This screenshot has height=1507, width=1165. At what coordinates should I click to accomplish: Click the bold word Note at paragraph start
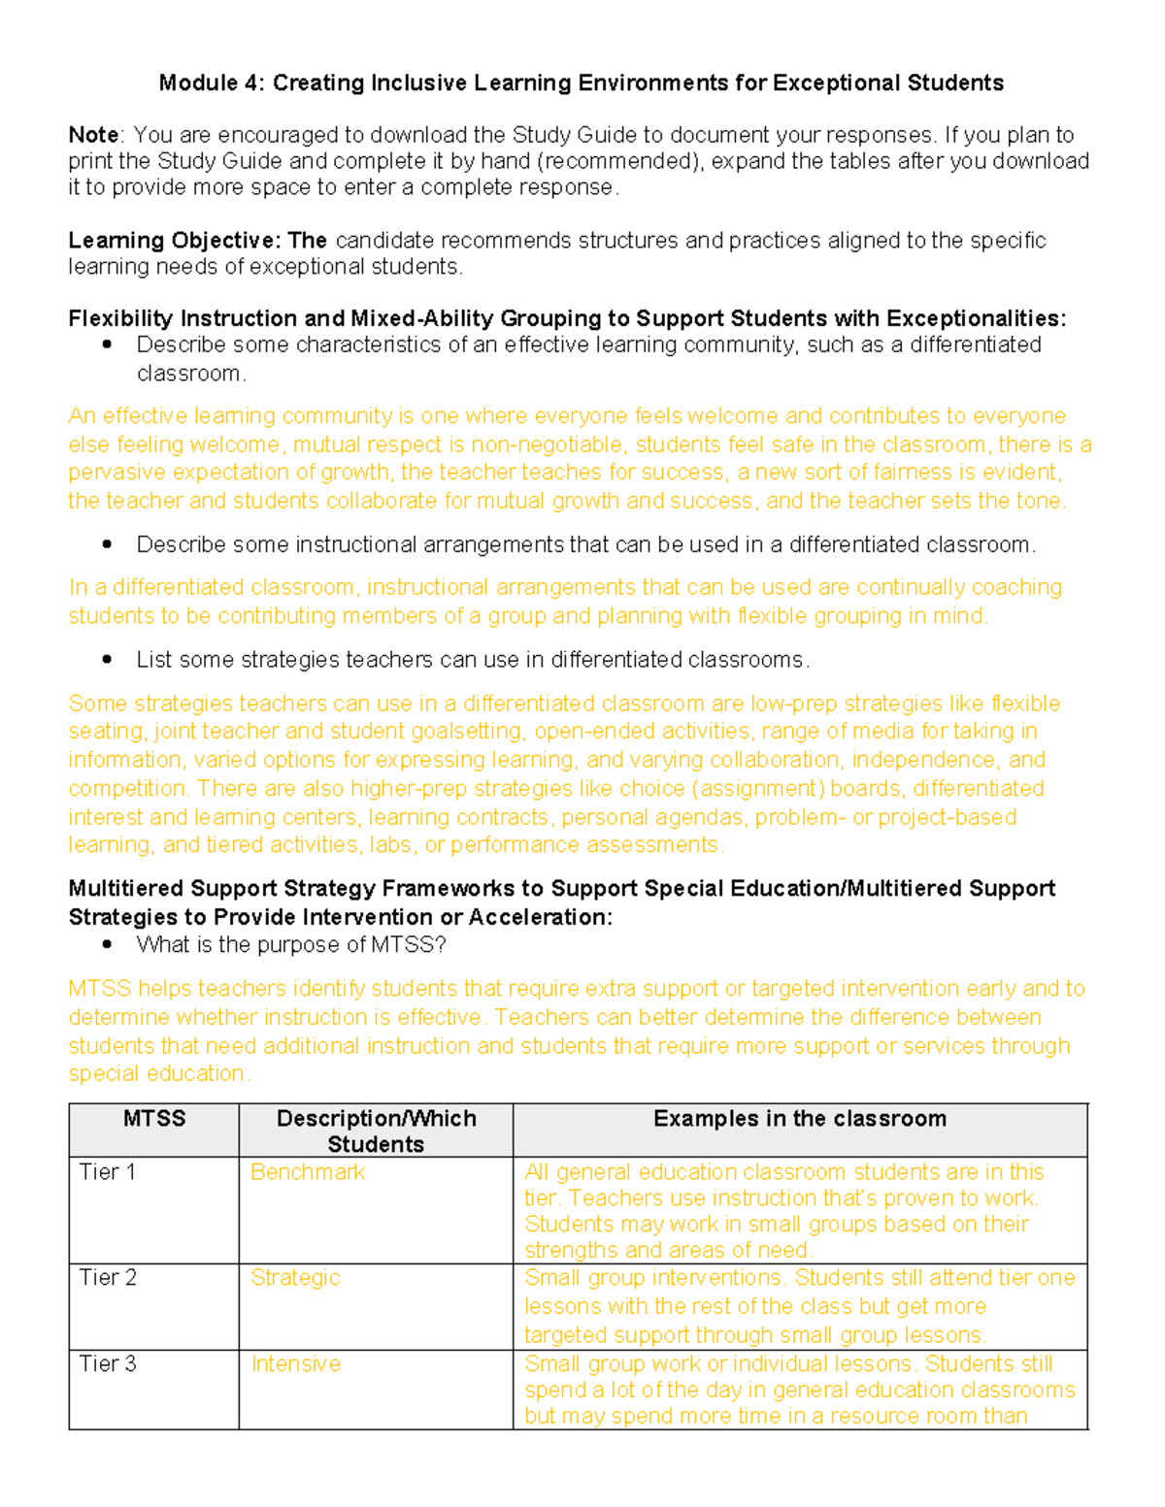(93, 135)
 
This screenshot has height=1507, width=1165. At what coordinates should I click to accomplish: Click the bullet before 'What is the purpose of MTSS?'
(108, 944)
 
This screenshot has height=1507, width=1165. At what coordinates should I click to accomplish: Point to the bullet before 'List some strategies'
(108, 660)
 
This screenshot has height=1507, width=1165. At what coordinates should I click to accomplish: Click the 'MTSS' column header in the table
(154, 1119)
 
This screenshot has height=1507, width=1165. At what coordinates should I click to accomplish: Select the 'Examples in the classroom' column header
(799, 1119)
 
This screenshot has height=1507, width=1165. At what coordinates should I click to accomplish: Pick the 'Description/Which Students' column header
(376, 1131)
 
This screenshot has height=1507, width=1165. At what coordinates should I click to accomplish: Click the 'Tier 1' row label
(107, 1172)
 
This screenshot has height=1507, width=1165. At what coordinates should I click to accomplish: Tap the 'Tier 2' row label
(107, 1278)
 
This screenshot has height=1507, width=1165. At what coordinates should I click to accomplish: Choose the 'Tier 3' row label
(107, 1364)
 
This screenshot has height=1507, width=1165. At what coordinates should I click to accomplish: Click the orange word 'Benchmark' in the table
(307, 1172)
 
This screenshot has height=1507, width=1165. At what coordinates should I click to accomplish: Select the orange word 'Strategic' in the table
(295, 1278)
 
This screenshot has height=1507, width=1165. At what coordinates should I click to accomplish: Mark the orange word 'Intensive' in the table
(295, 1364)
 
